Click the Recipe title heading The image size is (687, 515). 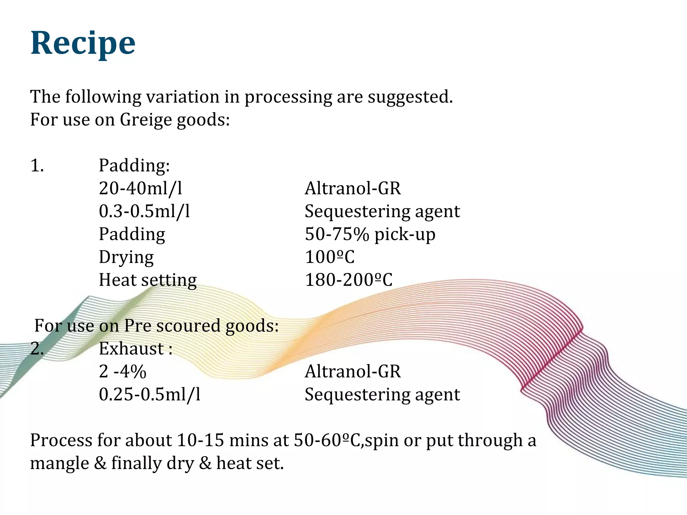pos(83,43)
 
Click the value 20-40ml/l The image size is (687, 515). pos(141,188)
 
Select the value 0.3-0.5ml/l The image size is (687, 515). pos(144,211)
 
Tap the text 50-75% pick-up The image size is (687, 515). pos(370,234)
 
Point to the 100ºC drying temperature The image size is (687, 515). pos(329,257)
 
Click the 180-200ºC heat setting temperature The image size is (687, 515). pos(348,280)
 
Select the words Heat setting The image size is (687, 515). pos(148,280)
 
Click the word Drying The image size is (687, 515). pos(126,257)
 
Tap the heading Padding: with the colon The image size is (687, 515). pos(134,166)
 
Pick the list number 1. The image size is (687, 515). pos(37,166)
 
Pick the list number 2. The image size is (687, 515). pos(37,349)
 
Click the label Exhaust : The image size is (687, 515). pos(136,349)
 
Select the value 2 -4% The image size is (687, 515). pos(122,371)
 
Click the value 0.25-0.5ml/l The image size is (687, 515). pos(150,395)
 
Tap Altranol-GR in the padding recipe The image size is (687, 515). pos(353,188)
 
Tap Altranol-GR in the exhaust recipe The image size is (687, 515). pos(353,371)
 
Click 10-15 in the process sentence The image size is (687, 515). pos(200,440)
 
